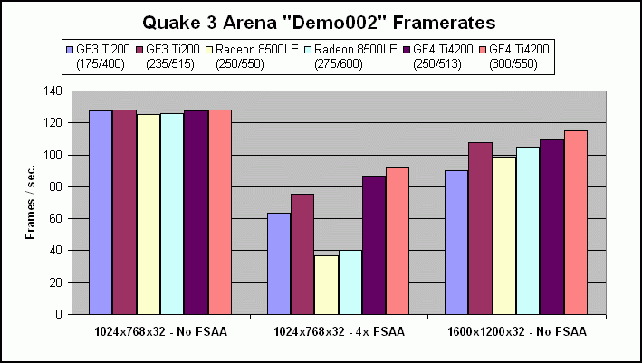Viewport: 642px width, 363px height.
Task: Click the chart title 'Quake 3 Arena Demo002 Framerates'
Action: (321, 20)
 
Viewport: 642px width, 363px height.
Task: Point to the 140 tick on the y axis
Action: (57, 91)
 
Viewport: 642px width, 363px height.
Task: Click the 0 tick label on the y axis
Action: (63, 314)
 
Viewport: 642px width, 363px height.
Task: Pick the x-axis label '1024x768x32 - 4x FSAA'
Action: (339, 331)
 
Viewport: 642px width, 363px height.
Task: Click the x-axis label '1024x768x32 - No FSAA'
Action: (160, 331)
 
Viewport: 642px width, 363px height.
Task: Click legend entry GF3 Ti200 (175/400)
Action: (101, 57)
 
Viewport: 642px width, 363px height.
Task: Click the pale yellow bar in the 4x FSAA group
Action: (326, 284)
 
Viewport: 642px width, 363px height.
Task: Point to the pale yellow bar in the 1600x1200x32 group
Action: (504, 235)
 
